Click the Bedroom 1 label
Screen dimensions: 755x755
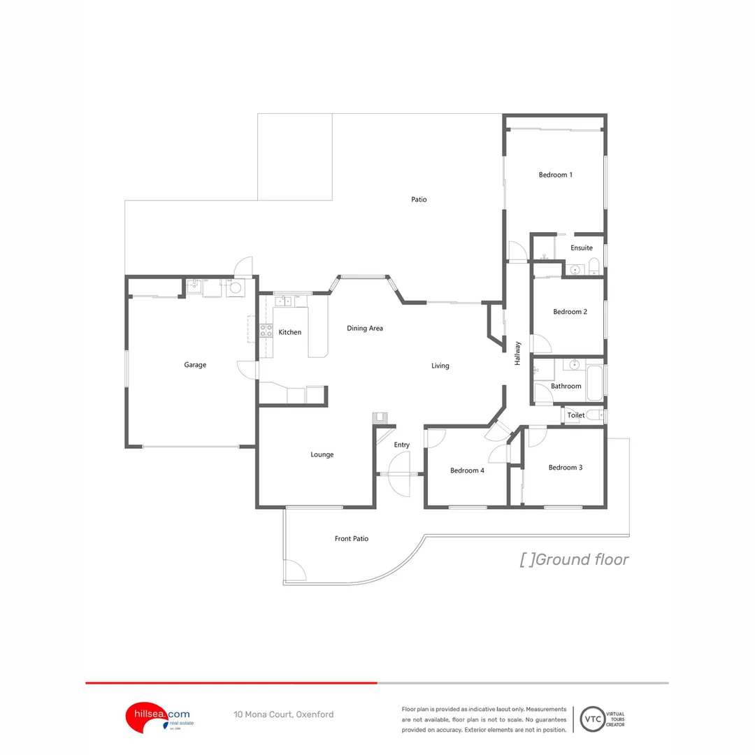[x=555, y=175]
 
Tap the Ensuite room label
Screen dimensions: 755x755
[x=581, y=248]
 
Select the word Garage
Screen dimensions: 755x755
[x=195, y=365]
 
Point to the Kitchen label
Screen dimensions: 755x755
[x=290, y=332]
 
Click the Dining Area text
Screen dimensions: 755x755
[x=365, y=328]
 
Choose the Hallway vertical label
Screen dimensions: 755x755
[x=518, y=353]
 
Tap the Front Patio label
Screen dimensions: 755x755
[x=351, y=538]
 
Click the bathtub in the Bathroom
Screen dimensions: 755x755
[x=595, y=382]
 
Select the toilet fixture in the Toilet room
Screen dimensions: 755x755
[x=594, y=415]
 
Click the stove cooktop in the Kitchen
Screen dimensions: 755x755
[x=266, y=331]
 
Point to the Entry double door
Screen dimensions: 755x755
[x=400, y=474]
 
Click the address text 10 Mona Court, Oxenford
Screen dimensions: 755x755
[x=283, y=714]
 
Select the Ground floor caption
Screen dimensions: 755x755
[x=574, y=559]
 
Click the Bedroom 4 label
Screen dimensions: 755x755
[x=467, y=470]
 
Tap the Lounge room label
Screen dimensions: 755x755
[x=322, y=454]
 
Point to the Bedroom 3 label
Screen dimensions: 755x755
[x=565, y=468]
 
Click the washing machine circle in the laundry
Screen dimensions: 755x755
[x=236, y=287]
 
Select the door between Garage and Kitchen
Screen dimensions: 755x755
[x=247, y=369]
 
